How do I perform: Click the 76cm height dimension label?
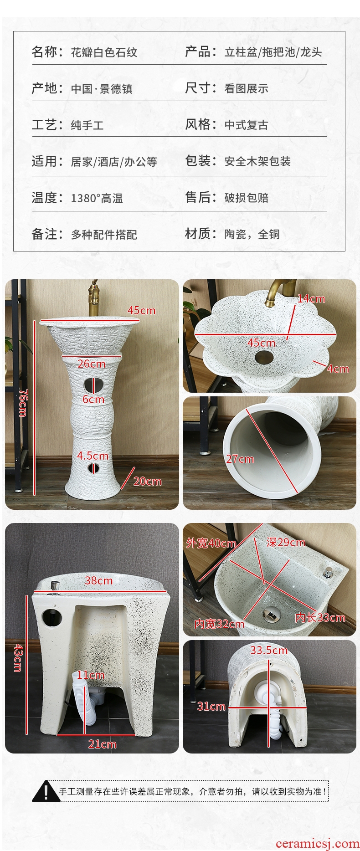23,403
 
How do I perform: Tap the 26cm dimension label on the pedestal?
91,364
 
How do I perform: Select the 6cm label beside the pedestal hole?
93,399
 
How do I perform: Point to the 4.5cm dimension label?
93,455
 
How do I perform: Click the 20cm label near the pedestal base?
147,481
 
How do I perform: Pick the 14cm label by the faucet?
311,298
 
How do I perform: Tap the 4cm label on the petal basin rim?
338,369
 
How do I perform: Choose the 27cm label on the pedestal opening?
240,459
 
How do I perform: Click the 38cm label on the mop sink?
98,580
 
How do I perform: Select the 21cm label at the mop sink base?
102,744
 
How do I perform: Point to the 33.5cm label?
269,650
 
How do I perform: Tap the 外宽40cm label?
211,543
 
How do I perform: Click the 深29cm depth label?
286,542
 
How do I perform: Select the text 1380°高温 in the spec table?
97,198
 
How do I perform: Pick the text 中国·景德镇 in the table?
102,89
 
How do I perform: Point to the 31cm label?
211,706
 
